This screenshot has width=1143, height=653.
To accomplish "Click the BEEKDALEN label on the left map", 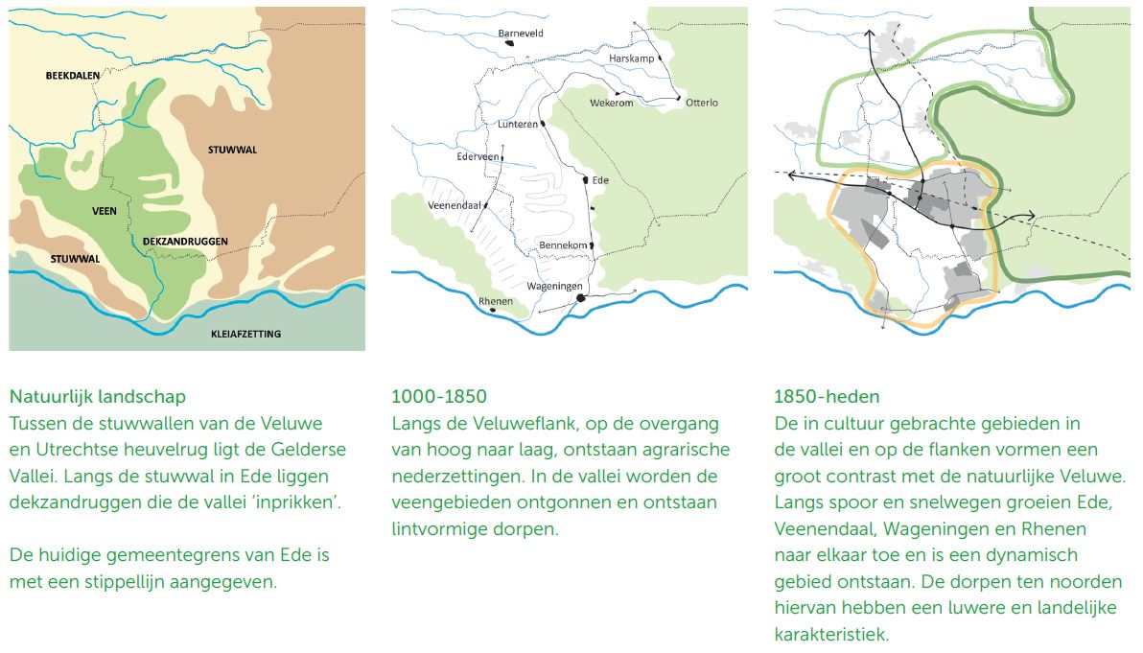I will pyautogui.click(x=73, y=75).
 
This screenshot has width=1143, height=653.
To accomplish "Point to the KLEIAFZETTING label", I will pyautogui.click(x=245, y=335).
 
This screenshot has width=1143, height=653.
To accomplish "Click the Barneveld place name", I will pyautogui.click(x=521, y=33).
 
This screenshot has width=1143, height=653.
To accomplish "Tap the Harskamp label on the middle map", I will pyautogui.click(x=631, y=58).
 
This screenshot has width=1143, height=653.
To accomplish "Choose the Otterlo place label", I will pyautogui.click(x=702, y=103).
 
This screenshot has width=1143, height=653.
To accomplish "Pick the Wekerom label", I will pyautogui.click(x=611, y=104).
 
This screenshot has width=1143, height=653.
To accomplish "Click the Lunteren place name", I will pyautogui.click(x=518, y=125).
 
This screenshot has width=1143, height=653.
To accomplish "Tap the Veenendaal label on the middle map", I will pyautogui.click(x=454, y=204).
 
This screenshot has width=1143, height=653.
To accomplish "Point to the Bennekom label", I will pyautogui.click(x=563, y=245).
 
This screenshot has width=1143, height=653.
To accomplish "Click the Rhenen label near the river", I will pyautogui.click(x=496, y=301).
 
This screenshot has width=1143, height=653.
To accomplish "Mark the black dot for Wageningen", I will pyautogui.click(x=580, y=299).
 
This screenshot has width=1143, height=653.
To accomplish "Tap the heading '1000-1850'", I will pyautogui.click(x=439, y=395).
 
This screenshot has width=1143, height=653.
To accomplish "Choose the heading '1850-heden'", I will pyautogui.click(x=826, y=395).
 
